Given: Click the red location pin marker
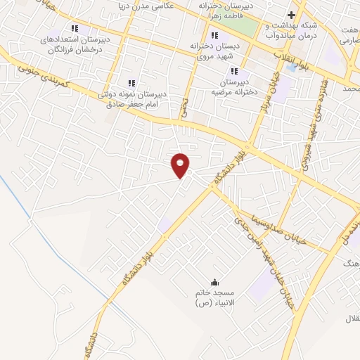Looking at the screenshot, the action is point(181,165).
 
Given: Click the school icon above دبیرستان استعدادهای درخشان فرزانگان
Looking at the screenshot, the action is point(75,29).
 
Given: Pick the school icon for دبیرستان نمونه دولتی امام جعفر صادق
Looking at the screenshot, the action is point(131,83).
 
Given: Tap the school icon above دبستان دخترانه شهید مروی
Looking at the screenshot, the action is point(214,35).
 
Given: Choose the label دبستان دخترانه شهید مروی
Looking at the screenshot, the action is point(215,50).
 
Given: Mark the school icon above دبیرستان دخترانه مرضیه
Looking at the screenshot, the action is point(235,71).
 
